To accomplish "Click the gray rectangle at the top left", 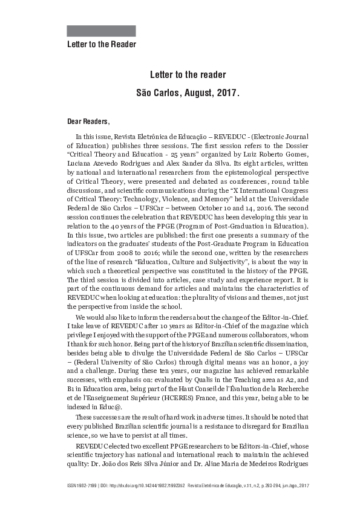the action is [x=101, y=31].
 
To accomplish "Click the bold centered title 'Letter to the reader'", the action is [x=188, y=75].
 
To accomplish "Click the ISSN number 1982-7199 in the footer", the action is [x=85, y=485].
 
